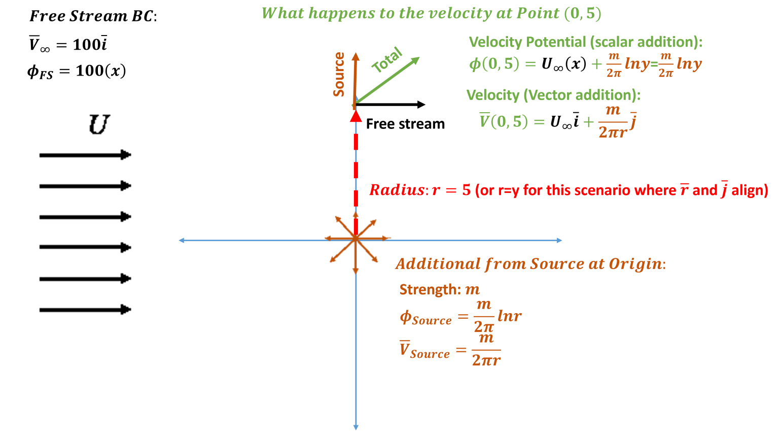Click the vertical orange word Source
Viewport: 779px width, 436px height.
[339, 74]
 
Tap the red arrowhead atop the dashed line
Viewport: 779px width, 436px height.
[356, 116]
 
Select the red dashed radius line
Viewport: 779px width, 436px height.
[356, 167]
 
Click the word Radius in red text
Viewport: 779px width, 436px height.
[396, 190]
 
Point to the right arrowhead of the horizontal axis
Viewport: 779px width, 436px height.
[559, 240]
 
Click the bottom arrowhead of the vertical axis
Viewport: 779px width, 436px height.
[356, 427]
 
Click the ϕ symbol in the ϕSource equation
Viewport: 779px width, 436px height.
[406, 317]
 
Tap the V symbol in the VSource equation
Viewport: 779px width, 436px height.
[404, 350]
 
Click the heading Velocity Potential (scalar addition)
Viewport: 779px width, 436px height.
[585, 42]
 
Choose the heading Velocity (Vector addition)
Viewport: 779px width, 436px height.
[553, 95]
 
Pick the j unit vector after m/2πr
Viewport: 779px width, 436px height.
[633, 122]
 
